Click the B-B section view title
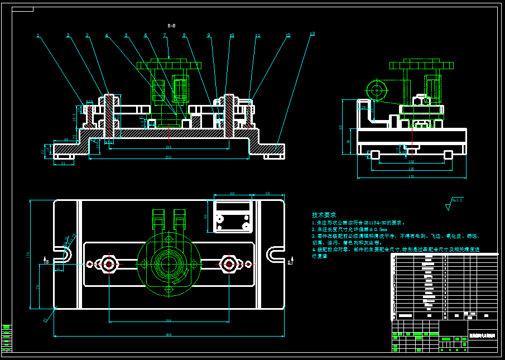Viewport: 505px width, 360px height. pyautogui.click(x=171, y=26)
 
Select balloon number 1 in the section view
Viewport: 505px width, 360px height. pyautogui.click(x=38, y=36)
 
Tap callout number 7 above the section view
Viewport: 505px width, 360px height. pyautogui.click(x=165, y=35)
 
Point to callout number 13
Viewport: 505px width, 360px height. pyautogui.click(x=312, y=34)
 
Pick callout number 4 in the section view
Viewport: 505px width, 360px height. pyautogui.click(x=106, y=36)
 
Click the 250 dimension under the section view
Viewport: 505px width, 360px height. pyautogui.click(x=169, y=157)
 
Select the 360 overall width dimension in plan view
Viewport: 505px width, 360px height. pyautogui.click(x=169, y=335)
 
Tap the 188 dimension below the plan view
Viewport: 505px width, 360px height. pyautogui.click(x=169, y=320)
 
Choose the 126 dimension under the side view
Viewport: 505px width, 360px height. pyautogui.click(x=411, y=169)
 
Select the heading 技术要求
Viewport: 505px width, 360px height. pyautogui.click(x=324, y=215)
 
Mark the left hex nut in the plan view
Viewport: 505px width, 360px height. pyautogui.click(x=108, y=263)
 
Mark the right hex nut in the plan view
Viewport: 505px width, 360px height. pyautogui.click(x=229, y=263)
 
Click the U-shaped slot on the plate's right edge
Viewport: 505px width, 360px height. pyautogui.click(x=275, y=255)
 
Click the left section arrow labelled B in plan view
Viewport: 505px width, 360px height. pyautogui.click(x=46, y=261)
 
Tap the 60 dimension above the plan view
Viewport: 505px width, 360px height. pyautogui.click(x=232, y=194)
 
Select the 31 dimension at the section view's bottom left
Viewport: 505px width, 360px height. pyautogui.click(x=63, y=163)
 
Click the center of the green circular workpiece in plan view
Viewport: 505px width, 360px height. pyautogui.click(x=168, y=263)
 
